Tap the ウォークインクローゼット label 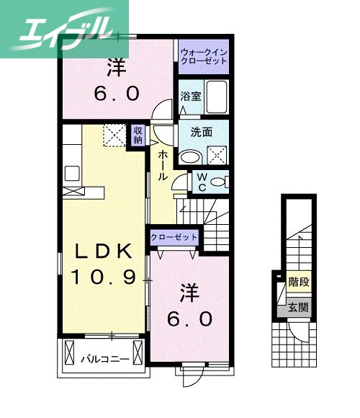coord(204,56)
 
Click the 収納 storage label coord(138,135)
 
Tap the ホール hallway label coord(163,166)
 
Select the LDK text coord(104,252)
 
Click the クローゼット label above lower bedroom coord(174,237)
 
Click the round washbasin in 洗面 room coord(189,156)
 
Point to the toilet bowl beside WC coord(220,182)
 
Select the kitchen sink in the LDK coord(71,173)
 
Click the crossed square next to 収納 coord(114,135)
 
